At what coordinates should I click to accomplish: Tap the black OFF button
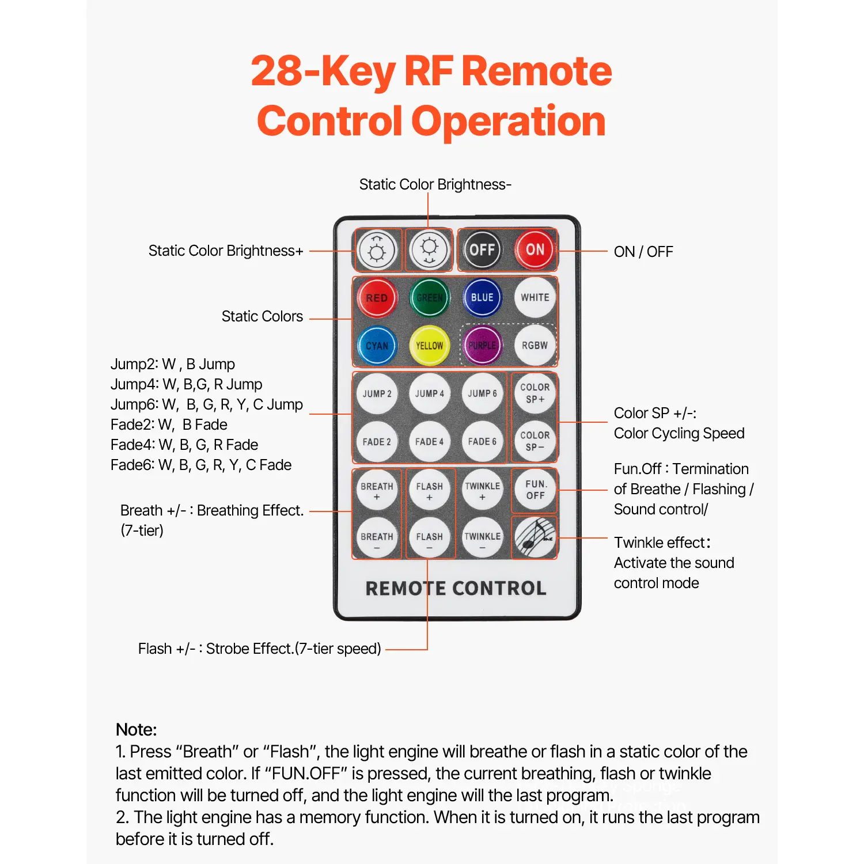(482, 250)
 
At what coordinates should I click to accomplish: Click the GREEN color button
(430, 298)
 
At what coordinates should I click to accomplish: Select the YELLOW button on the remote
(430, 346)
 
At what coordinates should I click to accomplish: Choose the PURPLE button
(482, 346)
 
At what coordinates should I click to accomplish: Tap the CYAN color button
(377, 346)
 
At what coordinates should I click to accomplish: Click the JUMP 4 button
(430, 394)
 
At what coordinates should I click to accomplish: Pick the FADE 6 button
(482, 442)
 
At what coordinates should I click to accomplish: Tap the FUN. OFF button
(535, 490)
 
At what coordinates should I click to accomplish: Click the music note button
(535, 537)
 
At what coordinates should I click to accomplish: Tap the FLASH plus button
(430, 490)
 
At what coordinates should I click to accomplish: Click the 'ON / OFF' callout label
(643, 252)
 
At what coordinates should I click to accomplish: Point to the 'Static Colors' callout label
(262, 316)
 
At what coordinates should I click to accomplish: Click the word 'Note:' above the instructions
(136, 730)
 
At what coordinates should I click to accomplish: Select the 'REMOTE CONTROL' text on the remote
(456, 588)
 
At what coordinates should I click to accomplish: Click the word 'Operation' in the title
(508, 122)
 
